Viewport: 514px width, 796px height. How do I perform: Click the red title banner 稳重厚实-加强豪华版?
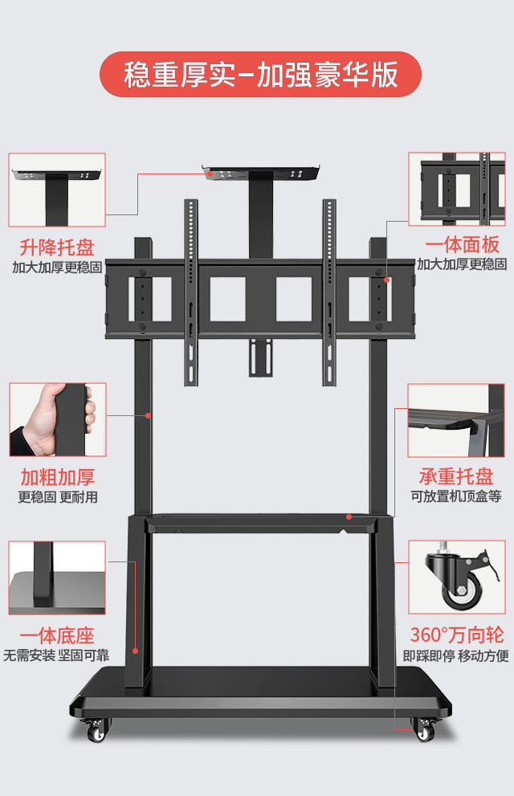pos(260,75)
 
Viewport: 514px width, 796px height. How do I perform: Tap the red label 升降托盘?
pos(57,246)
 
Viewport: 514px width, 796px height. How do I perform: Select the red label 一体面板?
pos(462,246)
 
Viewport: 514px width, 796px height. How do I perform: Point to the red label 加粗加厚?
pos(57,476)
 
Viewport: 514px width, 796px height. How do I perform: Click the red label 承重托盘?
pos(456,476)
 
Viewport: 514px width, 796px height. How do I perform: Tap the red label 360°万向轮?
pos(456,635)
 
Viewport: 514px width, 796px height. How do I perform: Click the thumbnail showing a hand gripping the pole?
pos(57,419)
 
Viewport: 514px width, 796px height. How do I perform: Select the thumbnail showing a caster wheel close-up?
pos(456,577)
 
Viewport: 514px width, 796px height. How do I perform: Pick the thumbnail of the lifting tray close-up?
pos(57,190)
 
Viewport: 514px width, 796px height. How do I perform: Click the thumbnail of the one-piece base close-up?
pos(57,578)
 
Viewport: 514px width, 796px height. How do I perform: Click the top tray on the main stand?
pos(261,172)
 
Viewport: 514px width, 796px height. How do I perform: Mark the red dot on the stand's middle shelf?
pos(349,516)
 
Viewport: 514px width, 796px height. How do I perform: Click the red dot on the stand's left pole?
pos(148,414)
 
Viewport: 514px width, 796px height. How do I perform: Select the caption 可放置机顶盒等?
pos(456,496)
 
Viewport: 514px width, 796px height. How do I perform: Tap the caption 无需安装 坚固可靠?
pos(54,655)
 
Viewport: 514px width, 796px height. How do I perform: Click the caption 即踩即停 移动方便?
pos(456,655)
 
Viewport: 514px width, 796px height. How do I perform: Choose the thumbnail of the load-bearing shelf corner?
pos(456,420)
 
